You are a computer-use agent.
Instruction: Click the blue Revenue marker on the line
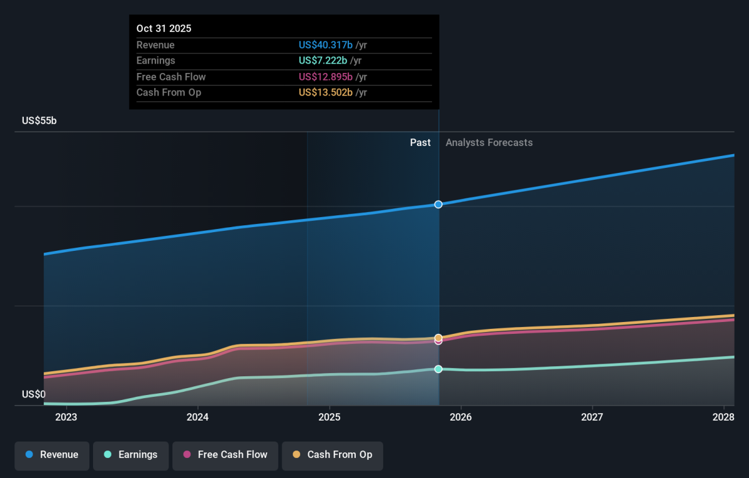tap(438, 204)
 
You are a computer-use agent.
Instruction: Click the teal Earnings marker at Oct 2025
tap(438, 369)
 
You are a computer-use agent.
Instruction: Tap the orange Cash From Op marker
tap(438, 338)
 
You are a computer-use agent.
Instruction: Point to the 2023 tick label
tap(66, 417)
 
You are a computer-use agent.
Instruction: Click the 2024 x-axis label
tap(198, 417)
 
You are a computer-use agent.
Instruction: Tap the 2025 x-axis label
tap(330, 417)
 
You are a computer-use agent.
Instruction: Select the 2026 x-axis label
tap(461, 417)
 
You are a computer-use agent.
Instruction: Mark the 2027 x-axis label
tap(592, 417)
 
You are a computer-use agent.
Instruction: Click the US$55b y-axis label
tap(39, 120)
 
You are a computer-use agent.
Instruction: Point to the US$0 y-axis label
tap(34, 394)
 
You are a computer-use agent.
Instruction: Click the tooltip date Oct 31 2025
tap(164, 29)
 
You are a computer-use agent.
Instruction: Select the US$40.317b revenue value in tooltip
tap(325, 45)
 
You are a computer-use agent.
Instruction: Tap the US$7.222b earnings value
tap(323, 61)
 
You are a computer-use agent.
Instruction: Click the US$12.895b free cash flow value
tap(325, 77)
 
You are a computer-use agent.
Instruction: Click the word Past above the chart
tap(420, 143)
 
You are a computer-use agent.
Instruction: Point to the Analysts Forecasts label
tap(489, 143)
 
